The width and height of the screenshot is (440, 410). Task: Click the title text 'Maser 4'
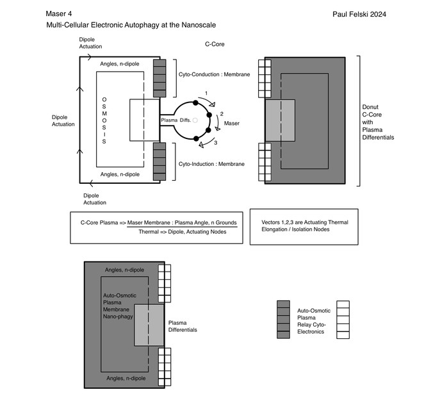(60, 13)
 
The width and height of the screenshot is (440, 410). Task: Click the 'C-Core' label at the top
(214, 45)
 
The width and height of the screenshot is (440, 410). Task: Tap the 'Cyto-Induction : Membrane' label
(210, 164)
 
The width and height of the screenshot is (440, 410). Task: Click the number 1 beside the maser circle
(206, 94)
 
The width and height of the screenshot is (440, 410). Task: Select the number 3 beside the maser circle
(216, 142)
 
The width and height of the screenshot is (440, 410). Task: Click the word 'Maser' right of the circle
(232, 122)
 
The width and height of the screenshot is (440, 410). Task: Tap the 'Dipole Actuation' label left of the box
(63, 120)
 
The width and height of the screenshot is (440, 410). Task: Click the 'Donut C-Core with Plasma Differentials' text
(377, 122)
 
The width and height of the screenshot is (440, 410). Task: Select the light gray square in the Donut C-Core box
(279, 120)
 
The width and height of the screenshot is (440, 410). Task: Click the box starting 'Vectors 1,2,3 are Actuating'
(304, 225)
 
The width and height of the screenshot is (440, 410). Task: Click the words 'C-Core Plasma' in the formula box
(100, 222)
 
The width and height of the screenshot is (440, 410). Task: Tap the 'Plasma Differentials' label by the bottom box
(183, 327)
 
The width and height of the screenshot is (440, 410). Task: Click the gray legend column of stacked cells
(283, 319)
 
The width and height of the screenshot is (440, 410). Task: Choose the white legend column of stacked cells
(342, 319)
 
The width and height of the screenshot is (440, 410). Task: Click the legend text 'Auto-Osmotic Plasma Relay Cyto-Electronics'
(314, 321)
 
